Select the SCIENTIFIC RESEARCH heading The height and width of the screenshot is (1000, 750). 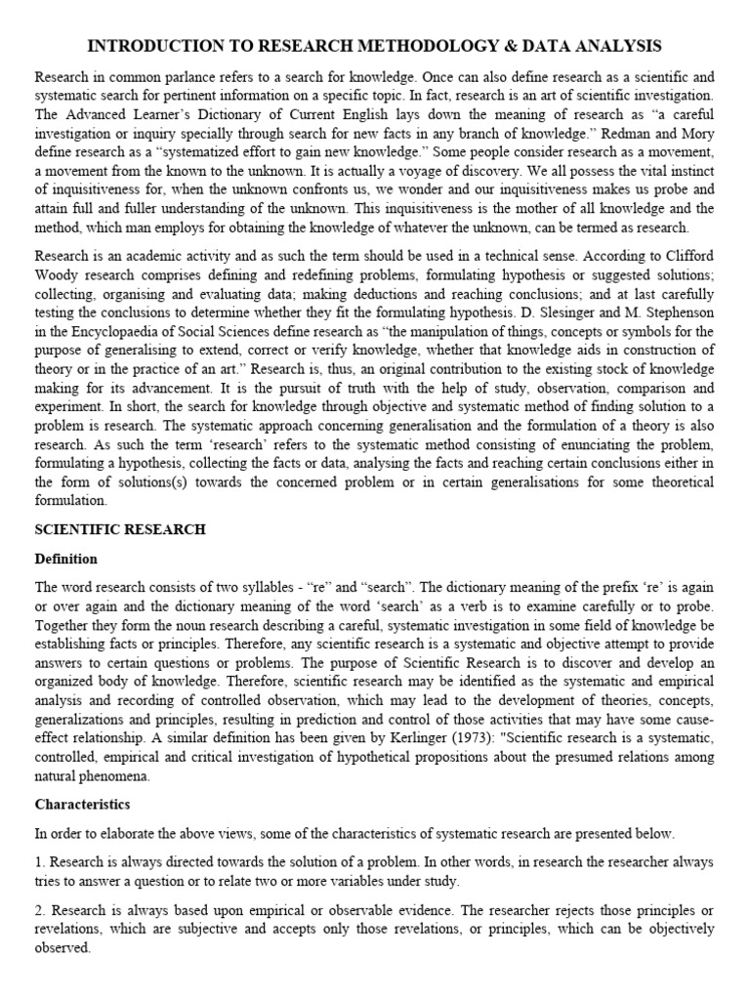coord(120,529)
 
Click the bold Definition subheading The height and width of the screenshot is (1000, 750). coord(66,559)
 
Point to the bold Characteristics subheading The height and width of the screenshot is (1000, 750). coord(82,805)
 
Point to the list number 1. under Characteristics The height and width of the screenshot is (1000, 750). coord(40,862)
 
